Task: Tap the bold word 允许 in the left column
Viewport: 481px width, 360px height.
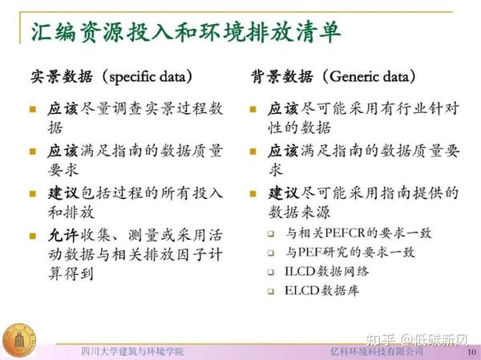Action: pyautogui.click(x=63, y=237)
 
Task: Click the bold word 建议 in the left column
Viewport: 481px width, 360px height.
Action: pyautogui.click(x=63, y=194)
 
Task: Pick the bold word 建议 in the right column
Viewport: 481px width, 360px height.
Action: pyautogui.click(x=284, y=194)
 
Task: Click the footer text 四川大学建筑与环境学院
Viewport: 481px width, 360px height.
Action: pyautogui.click(x=132, y=352)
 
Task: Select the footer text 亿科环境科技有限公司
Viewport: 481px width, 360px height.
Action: pyautogui.click(x=377, y=352)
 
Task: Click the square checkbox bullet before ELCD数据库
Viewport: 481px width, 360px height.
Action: pyautogui.click(x=270, y=291)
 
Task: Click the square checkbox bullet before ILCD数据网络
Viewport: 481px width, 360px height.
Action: pyautogui.click(x=270, y=272)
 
